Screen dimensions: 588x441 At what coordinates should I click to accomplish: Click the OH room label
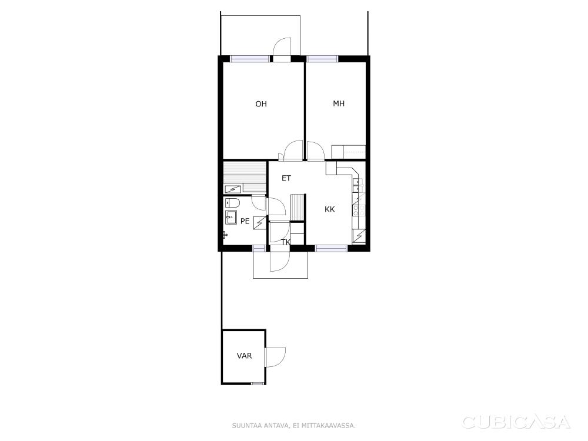261,104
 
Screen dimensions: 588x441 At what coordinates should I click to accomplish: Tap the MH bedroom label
339,103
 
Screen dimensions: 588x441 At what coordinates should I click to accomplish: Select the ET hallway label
286,178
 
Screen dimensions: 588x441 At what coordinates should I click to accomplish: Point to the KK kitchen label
330,209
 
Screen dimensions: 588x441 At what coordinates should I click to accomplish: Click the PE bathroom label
245,221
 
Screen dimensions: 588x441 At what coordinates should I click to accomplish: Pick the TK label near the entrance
286,242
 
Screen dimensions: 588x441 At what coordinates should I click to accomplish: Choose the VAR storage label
244,356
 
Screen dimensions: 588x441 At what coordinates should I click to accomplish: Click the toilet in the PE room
232,203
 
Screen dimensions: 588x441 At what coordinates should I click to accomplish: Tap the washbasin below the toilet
231,218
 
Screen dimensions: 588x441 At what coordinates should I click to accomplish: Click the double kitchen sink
358,186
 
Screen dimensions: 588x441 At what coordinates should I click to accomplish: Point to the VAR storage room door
275,357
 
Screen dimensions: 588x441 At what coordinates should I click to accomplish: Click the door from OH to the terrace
282,49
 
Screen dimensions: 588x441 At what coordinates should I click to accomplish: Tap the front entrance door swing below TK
280,261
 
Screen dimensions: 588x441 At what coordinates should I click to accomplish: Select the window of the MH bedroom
322,59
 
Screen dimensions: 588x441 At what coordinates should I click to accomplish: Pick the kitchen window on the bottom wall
331,248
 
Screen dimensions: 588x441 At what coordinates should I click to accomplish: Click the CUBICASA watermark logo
516,422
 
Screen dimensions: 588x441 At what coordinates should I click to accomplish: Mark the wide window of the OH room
250,59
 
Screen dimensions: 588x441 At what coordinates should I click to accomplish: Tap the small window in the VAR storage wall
258,383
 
